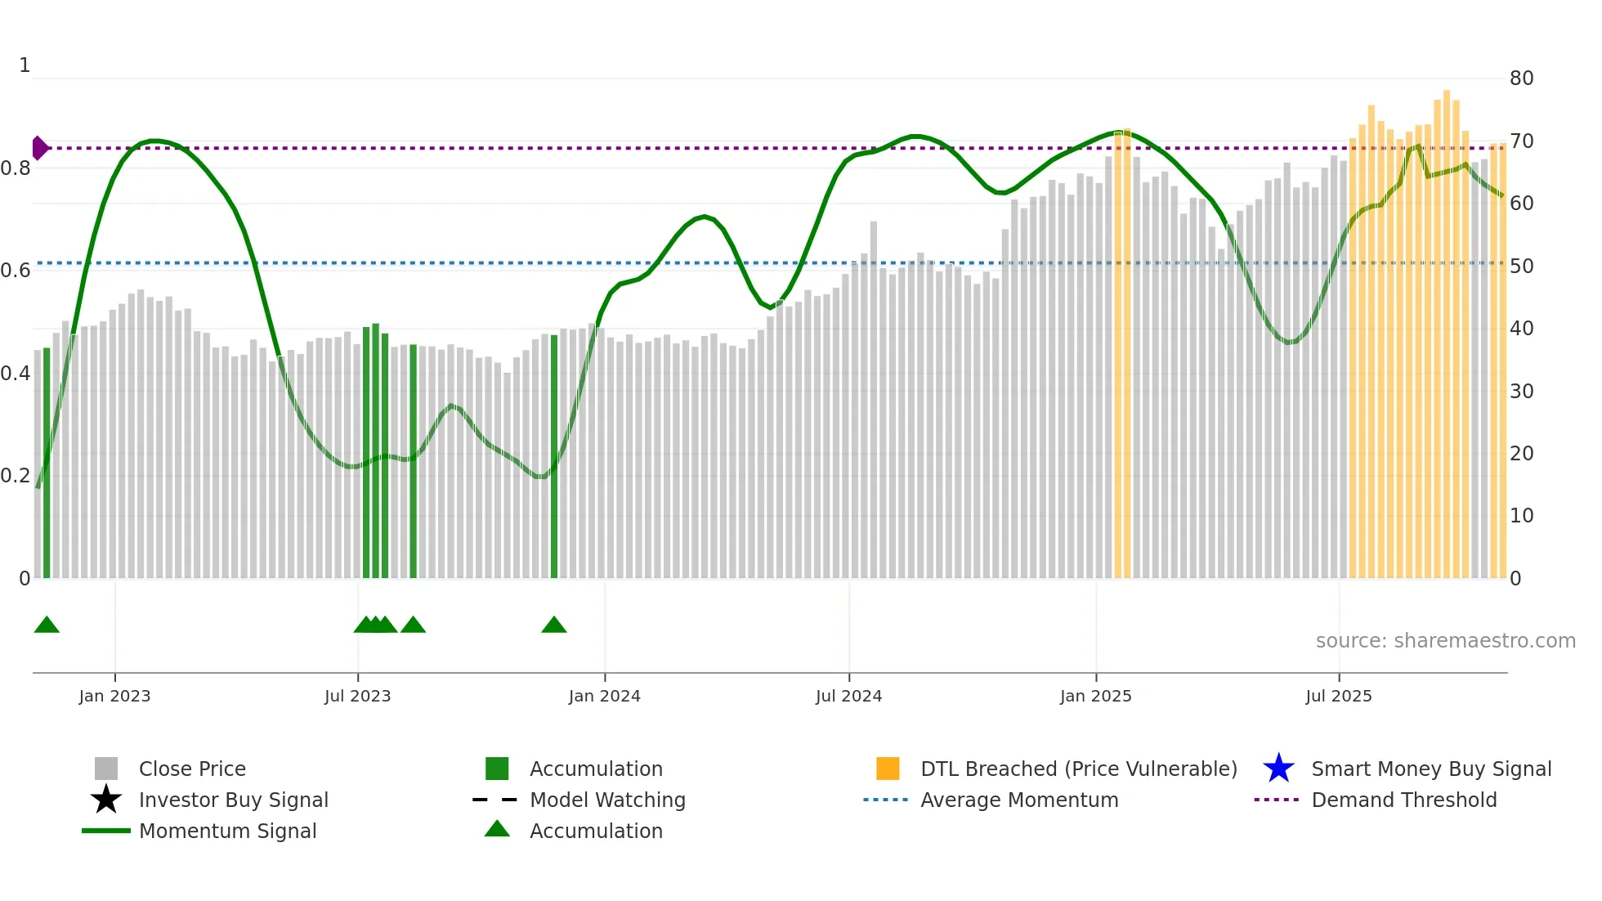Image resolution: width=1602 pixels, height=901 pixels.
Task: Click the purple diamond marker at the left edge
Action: click(39, 148)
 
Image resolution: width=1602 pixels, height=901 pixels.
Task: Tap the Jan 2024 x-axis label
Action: click(604, 696)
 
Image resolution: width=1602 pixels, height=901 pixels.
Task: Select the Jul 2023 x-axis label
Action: click(357, 696)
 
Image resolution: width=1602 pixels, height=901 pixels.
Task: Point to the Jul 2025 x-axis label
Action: click(1338, 696)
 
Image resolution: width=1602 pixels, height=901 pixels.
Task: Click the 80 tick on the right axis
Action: click(1521, 78)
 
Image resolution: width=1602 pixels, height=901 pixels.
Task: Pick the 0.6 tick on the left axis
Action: click(16, 271)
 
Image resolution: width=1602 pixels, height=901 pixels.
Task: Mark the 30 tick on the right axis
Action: click(1521, 392)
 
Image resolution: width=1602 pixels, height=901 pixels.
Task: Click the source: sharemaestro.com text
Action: click(1445, 641)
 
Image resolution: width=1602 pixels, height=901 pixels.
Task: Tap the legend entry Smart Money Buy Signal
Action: click(1430, 769)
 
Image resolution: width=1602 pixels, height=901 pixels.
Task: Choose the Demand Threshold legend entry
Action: click(1403, 800)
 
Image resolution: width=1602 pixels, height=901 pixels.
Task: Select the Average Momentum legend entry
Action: click(1018, 800)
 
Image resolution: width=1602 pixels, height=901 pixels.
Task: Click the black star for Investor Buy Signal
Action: click(106, 800)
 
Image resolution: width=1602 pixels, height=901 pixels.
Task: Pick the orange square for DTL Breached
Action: click(888, 769)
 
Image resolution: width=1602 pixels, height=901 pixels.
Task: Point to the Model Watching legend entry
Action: click(606, 800)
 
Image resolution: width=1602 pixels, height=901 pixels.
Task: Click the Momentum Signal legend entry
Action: click(227, 831)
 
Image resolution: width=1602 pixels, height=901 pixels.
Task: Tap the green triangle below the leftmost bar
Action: click(47, 625)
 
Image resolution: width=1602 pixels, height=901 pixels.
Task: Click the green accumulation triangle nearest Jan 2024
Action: click(554, 625)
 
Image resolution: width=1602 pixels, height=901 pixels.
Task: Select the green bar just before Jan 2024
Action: click(554, 458)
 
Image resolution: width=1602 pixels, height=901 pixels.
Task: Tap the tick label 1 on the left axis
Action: click(25, 65)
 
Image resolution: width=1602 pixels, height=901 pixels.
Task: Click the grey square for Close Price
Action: click(106, 769)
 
